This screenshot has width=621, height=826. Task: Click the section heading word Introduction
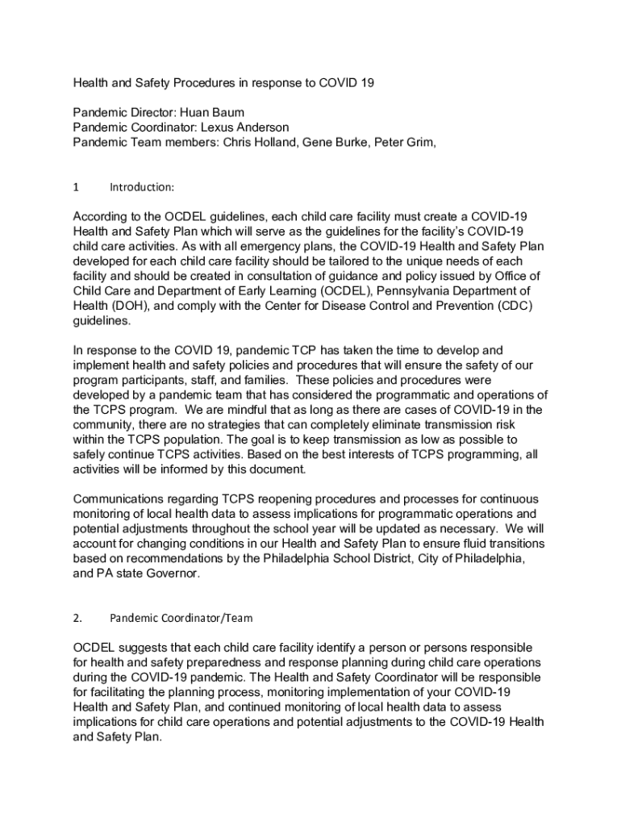(141, 187)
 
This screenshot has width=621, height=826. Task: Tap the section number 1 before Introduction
(76, 187)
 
